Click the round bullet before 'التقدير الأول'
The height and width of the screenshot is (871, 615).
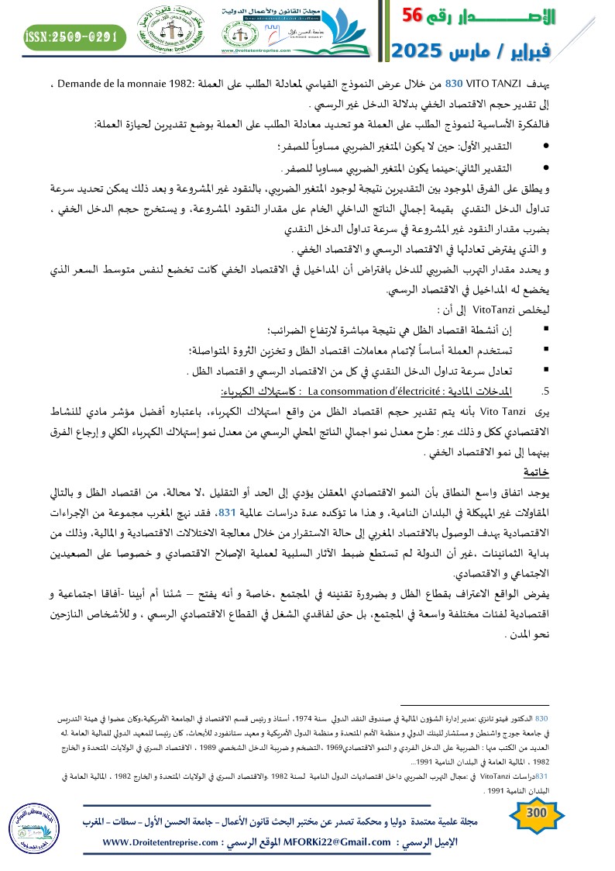click(548, 146)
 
